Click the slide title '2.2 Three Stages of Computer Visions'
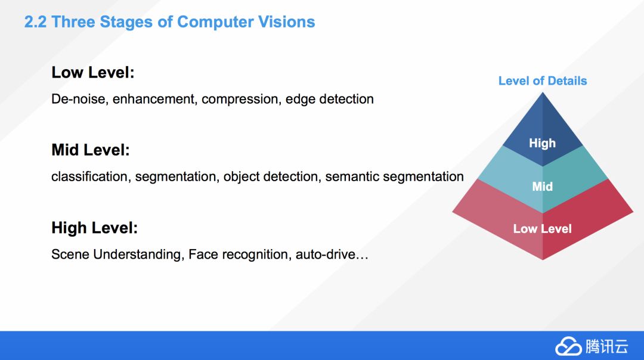point(169,23)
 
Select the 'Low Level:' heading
point(92,73)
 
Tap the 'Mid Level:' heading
point(90,150)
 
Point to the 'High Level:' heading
point(94,228)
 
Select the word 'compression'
point(240,99)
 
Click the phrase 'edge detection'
point(329,99)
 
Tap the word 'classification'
point(89,176)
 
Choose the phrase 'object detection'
point(271,176)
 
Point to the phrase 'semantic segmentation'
point(394,176)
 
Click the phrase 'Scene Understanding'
point(116,255)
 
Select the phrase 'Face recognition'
point(238,255)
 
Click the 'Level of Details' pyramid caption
point(542,81)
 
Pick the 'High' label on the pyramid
point(542,143)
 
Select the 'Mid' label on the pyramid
point(542,187)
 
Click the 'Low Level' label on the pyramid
point(542,229)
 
